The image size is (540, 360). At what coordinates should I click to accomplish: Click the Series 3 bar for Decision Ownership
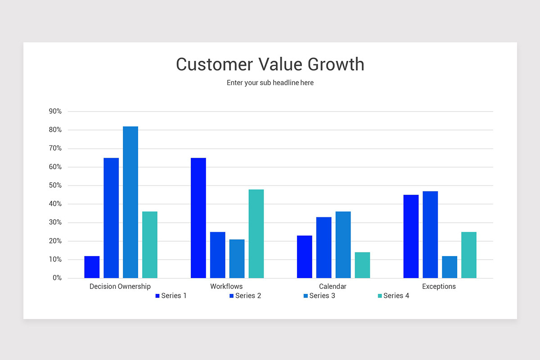pyautogui.click(x=130, y=202)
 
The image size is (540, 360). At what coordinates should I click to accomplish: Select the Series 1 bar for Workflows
pyautogui.click(x=198, y=218)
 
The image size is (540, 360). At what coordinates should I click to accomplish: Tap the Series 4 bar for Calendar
pyautogui.click(x=362, y=265)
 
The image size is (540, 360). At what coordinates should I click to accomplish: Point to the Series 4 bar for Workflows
pyautogui.click(x=256, y=234)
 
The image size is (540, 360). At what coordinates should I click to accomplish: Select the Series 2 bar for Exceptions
pyautogui.click(x=430, y=234)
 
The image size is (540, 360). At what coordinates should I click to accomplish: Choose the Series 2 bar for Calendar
pyautogui.click(x=324, y=247)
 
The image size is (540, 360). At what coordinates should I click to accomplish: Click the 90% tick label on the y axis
pyautogui.click(x=55, y=111)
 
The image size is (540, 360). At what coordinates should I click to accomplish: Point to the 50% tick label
pyautogui.click(x=55, y=185)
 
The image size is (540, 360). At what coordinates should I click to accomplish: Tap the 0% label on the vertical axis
pyautogui.click(x=57, y=278)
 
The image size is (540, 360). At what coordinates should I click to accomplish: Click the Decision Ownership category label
pyautogui.click(x=120, y=287)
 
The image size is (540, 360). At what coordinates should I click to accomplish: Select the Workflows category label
pyautogui.click(x=226, y=287)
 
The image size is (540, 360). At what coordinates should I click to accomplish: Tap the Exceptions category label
pyautogui.click(x=439, y=287)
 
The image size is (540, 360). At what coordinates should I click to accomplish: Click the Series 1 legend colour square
pyautogui.click(x=157, y=296)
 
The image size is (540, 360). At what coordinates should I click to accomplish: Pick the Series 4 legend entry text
pyautogui.click(x=396, y=296)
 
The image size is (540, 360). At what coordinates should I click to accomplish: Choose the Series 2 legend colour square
pyautogui.click(x=232, y=296)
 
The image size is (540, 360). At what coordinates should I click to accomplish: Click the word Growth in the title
pyautogui.click(x=336, y=64)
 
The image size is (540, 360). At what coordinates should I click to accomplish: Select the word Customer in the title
pyautogui.click(x=215, y=64)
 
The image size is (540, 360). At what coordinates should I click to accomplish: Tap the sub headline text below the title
pyautogui.click(x=270, y=83)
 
